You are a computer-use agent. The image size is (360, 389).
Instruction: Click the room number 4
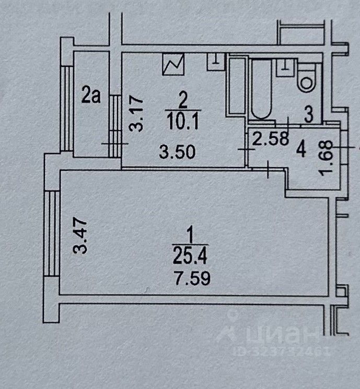pos(300,150)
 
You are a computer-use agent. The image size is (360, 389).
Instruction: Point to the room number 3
pos(309,116)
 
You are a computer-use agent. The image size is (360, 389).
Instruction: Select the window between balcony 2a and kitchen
pos(114,125)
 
